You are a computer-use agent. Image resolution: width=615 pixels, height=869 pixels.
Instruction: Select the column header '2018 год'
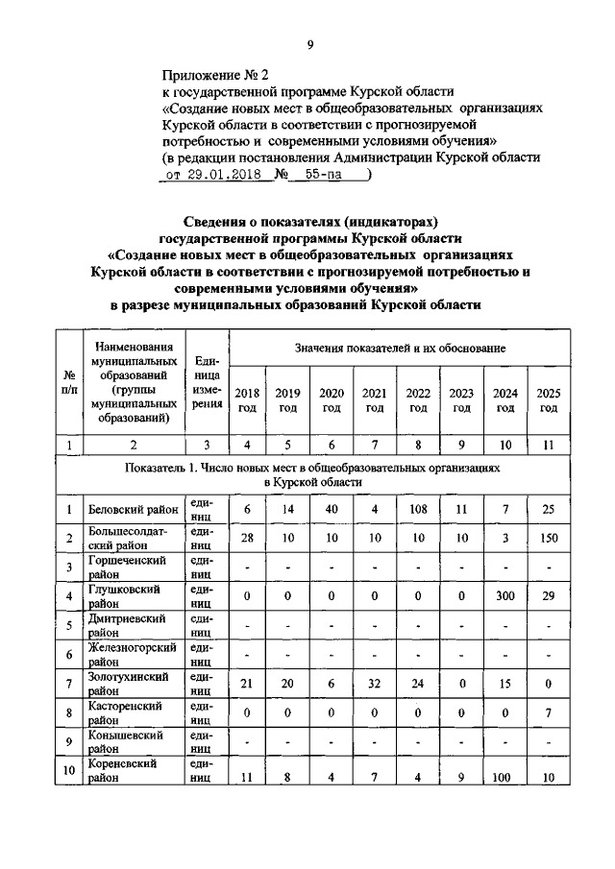247,400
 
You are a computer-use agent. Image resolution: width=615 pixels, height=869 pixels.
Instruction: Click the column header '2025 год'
549,400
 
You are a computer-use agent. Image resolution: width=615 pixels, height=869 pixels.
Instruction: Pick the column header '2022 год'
418,400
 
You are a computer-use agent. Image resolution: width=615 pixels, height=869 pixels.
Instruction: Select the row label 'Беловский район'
134,510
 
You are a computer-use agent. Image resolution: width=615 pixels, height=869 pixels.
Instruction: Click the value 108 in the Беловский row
418,508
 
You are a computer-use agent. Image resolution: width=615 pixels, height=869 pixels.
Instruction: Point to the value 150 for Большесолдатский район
549,538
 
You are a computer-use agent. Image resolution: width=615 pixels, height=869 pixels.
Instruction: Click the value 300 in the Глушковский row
504,596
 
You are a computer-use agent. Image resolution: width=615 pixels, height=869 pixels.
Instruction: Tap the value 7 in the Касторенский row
549,713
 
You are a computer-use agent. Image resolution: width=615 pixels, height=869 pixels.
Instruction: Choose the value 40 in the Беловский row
332,508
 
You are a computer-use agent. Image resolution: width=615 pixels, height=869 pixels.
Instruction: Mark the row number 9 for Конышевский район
69,742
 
